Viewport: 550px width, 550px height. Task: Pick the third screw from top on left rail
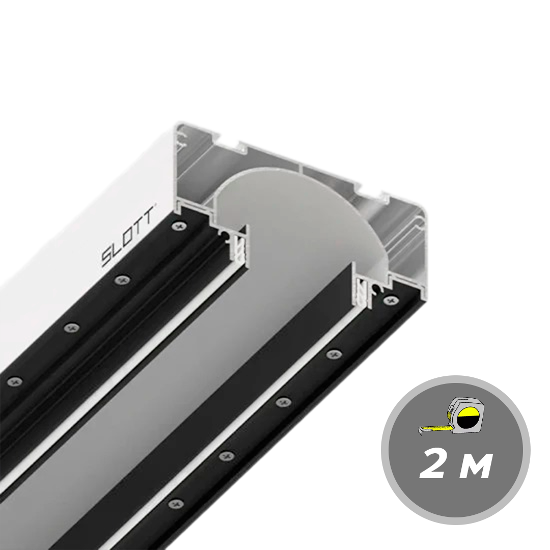coord(72,327)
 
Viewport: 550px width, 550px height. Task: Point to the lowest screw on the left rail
coord(14,381)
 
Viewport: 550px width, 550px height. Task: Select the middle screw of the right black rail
coord(283,402)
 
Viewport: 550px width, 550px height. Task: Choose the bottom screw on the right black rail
coord(175,504)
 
